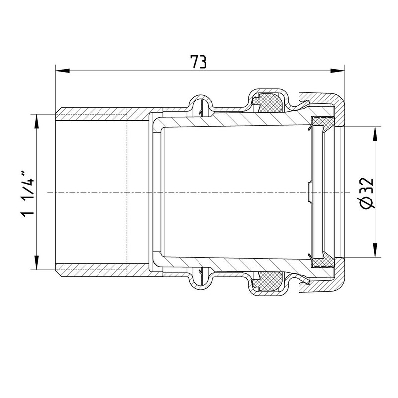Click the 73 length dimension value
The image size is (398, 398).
pos(199,62)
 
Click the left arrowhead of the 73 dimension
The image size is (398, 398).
pos(63,70)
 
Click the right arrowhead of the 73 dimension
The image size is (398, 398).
pos(338,70)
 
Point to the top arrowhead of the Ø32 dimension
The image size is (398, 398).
pos(375,133)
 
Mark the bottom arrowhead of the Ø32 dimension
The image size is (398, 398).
pos(375,250)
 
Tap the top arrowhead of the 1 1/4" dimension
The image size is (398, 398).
pos(37,121)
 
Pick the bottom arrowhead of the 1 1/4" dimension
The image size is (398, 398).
pos(37,263)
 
